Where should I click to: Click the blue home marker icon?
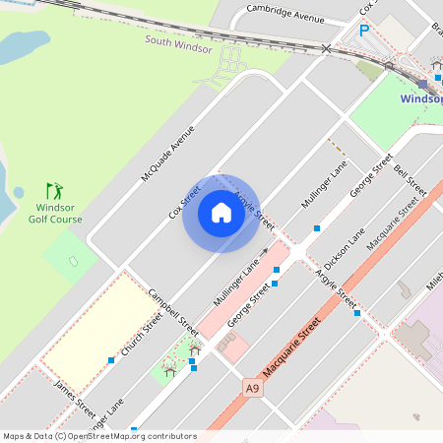click(221, 213)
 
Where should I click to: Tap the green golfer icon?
click(54, 190)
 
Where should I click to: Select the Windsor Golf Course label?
click(59, 214)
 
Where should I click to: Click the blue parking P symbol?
click(364, 32)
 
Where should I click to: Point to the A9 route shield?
click(253, 388)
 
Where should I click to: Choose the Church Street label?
click(141, 336)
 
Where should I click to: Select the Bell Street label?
click(410, 180)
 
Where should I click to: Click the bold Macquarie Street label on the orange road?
click(290, 347)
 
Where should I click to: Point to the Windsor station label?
click(421, 99)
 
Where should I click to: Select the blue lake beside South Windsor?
click(25, 47)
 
